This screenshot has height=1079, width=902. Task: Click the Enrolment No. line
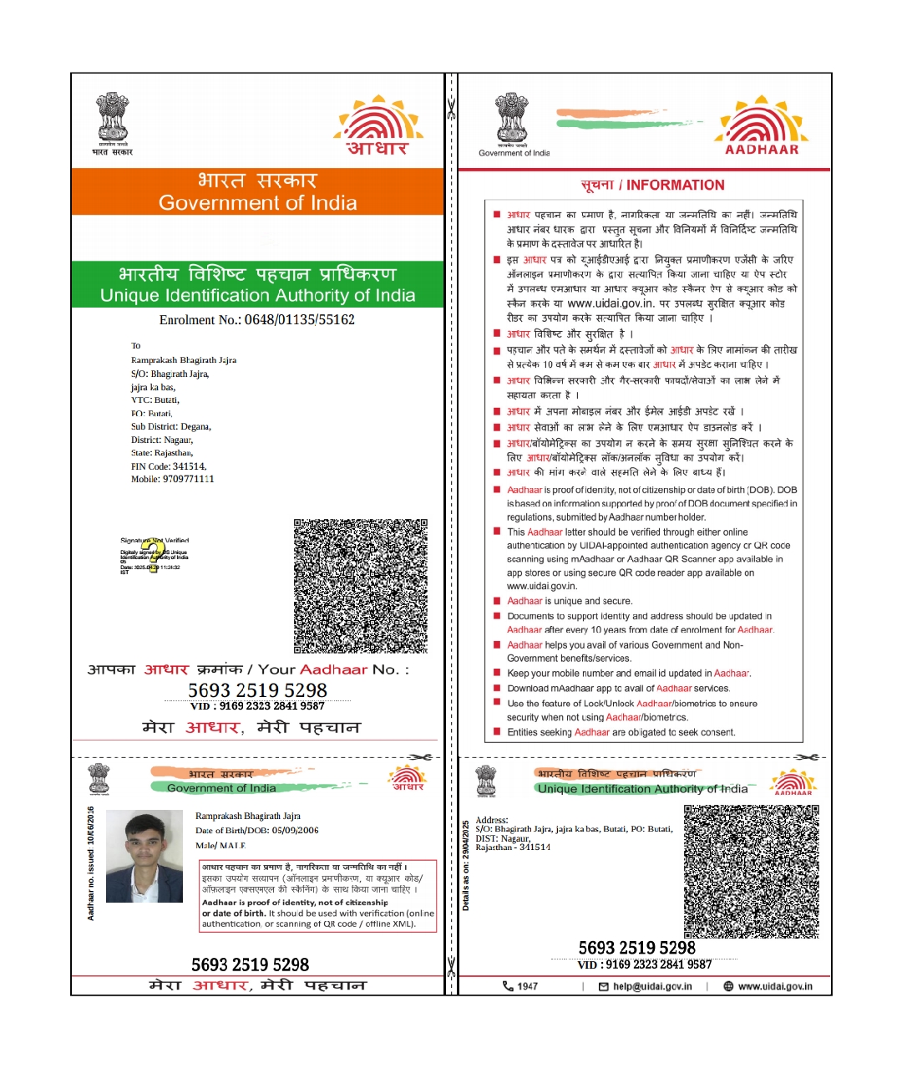pyautogui.click(x=257, y=320)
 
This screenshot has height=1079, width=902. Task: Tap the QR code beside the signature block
pyautogui.click(x=360, y=585)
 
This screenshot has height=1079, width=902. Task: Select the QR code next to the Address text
pyautogui.click(x=751, y=871)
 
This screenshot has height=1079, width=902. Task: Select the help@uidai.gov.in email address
pyautogui.click(x=651, y=986)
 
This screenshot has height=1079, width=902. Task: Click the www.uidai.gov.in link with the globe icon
pyautogui.click(x=774, y=986)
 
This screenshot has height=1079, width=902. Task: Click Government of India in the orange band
pyautogui.click(x=257, y=203)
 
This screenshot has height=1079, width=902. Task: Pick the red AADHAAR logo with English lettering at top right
pyautogui.click(x=761, y=127)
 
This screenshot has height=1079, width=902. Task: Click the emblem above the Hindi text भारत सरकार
pyautogui.click(x=113, y=120)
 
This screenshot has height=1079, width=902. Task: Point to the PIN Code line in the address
pyautogui.click(x=169, y=466)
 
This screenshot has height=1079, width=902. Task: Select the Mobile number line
pyautogui.click(x=172, y=480)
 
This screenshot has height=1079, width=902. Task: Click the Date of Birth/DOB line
pyautogui.click(x=256, y=831)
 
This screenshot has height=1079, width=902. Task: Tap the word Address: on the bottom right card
pyautogui.click(x=492, y=820)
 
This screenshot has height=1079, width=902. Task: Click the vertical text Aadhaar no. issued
pyautogui.click(x=91, y=863)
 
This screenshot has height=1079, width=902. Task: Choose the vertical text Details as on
pyautogui.click(x=466, y=866)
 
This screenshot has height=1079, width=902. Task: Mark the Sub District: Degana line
pyautogui.click(x=171, y=427)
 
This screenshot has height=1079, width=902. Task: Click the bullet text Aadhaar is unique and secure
pyautogui.click(x=570, y=601)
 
